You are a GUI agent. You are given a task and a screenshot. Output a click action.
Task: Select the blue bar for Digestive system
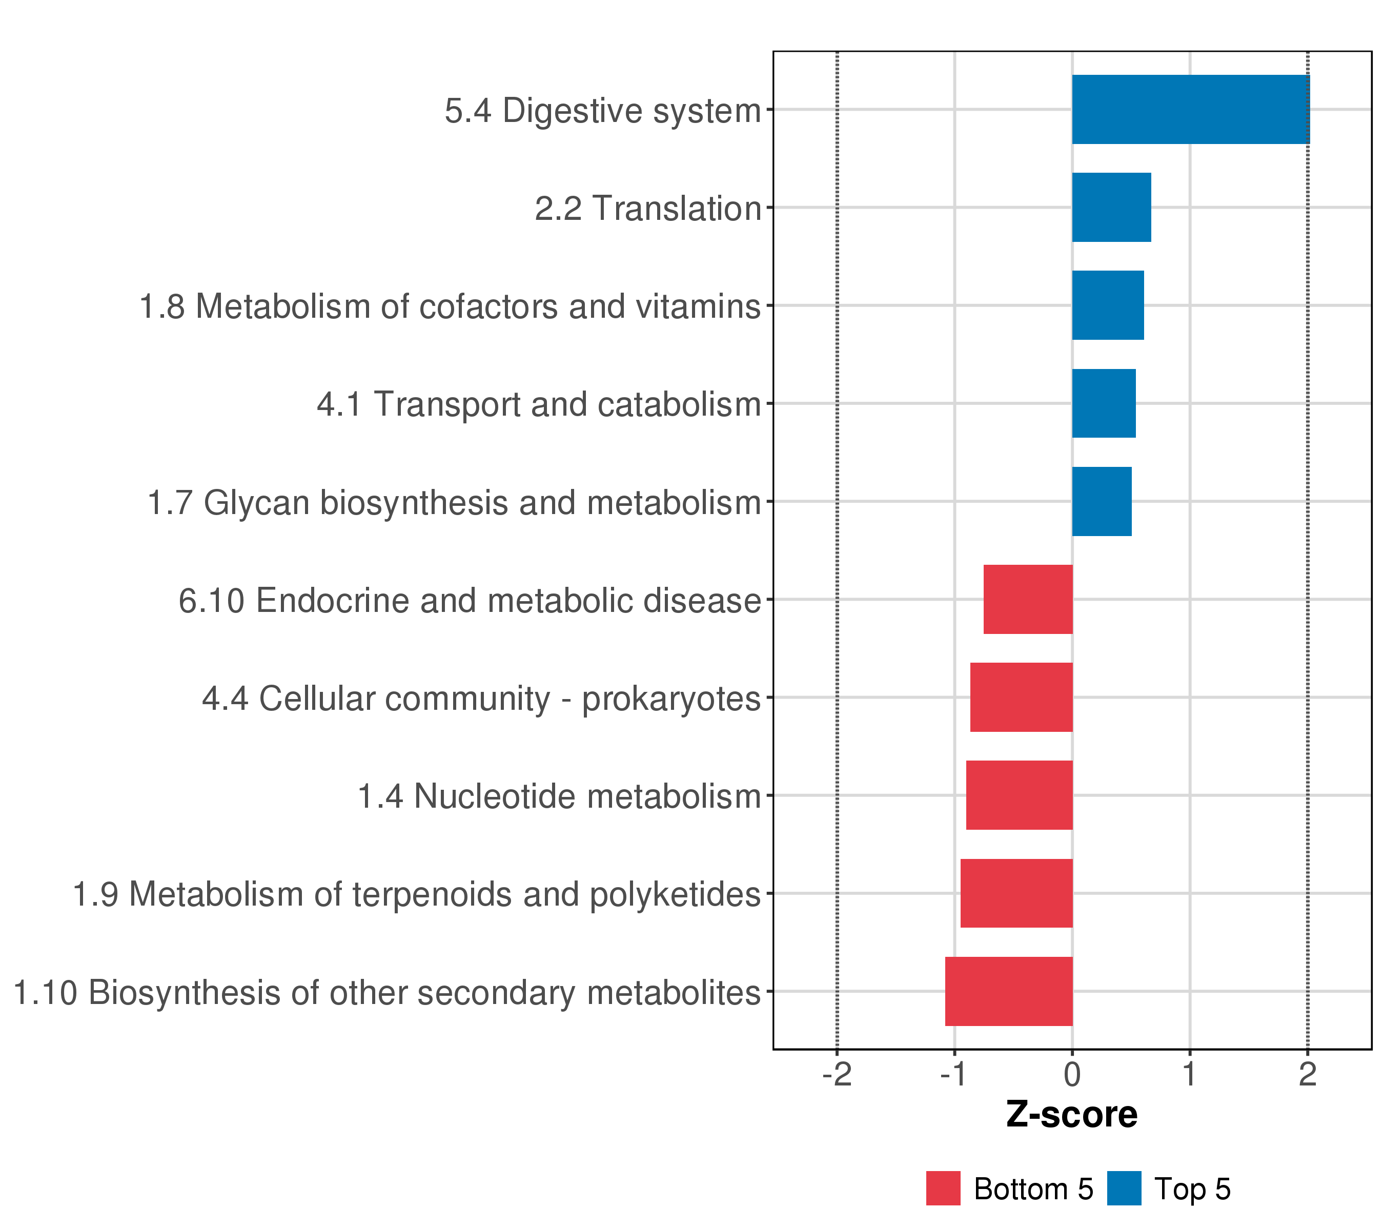click(x=1190, y=110)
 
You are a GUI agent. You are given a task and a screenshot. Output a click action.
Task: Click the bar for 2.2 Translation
click(x=1111, y=207)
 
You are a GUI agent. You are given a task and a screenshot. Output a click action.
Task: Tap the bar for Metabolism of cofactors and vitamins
click(x=1108, y=305)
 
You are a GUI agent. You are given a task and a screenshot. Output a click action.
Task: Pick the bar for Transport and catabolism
click(x=1104, y=403)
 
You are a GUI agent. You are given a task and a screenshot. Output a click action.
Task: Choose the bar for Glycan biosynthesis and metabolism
click(x=1102, y=502)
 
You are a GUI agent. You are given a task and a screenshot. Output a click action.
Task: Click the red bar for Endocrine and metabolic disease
click(x=1028, y=599)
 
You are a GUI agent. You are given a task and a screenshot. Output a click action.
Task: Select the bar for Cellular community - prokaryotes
click(x=1021, y=697)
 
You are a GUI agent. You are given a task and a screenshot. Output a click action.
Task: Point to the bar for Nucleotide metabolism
click(x=1019, y=795)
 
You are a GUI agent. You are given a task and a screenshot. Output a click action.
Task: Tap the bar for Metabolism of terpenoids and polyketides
click(x=1016, y=893)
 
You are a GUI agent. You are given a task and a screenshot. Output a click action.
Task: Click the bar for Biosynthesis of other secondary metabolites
click(x=1009, y=991)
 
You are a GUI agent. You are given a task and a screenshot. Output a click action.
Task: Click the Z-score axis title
click(x=1072, y=1115)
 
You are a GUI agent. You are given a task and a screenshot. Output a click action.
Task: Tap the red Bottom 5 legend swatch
click(x=943, y=1188)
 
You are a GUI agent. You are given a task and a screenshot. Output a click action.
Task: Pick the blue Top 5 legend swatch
click(x=1124, y=1188)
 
